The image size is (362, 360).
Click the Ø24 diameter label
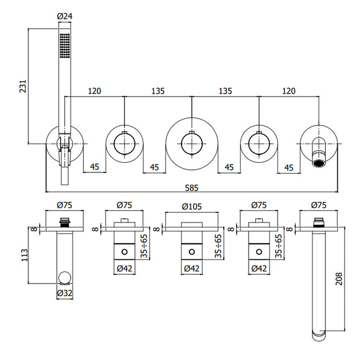coord(65,16)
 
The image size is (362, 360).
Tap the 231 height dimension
coord(23,86)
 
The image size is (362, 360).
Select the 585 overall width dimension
coord(192,188)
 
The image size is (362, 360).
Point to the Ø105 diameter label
coord(192,206)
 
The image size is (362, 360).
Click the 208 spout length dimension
coord(339,279)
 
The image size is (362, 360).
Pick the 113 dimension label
coord(25,255)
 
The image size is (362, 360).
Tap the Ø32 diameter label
coord(65,293)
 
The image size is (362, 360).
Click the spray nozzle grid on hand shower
coord(65,45)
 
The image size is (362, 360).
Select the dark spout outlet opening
coord(319,163)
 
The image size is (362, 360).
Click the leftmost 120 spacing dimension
coord(95,91)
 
